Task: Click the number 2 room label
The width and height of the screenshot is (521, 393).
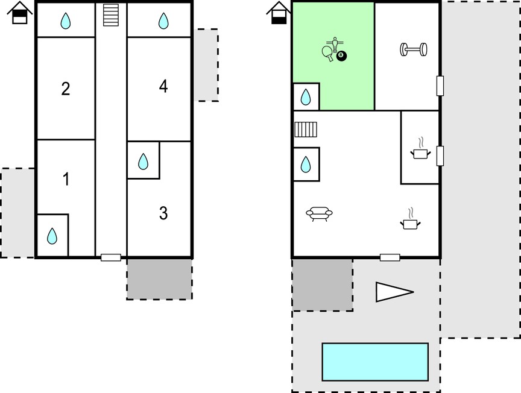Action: pos(66,89)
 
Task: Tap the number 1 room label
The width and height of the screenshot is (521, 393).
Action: pos(66,179)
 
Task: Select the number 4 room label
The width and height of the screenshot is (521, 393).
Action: pos(163,86)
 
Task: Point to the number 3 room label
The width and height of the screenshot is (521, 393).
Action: pos(163,213)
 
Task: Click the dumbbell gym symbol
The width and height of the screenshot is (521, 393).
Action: pos(414,49)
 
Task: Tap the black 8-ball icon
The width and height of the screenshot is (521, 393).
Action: pos(341,56)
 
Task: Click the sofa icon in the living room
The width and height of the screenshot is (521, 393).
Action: pos(319,213)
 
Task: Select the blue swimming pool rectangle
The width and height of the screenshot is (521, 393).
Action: pos(375,362)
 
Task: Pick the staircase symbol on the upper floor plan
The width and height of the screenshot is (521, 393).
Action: pos(111,15)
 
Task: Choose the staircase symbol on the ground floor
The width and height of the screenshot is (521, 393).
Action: pos(306,130)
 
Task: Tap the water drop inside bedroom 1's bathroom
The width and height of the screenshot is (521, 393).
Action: pos(52,236)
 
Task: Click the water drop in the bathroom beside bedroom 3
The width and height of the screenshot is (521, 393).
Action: pos(143,162)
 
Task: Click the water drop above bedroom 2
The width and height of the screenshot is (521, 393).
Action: pos(66,20)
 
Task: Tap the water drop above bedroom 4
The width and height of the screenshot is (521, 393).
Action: pos(163,20)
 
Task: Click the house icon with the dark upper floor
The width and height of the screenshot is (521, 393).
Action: pos(20,13)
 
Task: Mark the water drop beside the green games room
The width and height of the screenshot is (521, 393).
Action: pos(306,97)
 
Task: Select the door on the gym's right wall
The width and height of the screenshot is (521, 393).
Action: pos(440,86)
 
